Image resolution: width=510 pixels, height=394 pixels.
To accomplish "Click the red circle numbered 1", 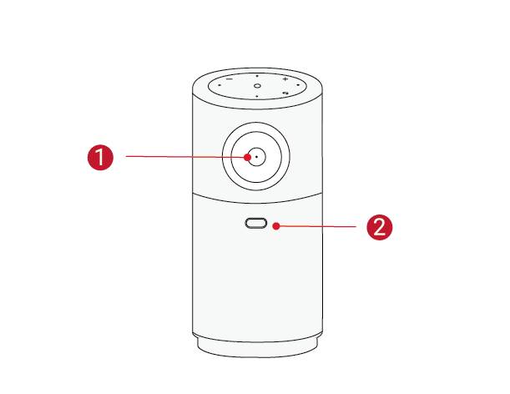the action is (x=100, y=158).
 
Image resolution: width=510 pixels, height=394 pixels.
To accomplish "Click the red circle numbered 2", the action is (x=380, y=227).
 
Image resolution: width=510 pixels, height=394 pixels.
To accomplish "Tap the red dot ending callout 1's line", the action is (x=248, y=158).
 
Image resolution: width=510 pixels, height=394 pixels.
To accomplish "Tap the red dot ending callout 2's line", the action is (x=276, y=225).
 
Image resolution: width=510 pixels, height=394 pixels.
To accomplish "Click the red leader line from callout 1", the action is (x=184, y=157).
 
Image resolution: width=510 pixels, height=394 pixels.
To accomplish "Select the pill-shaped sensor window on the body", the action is (x=256, y=223).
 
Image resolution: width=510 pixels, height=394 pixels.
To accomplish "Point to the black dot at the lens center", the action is (x=256, y=157).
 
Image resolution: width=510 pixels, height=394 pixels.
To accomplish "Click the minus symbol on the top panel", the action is (x=230, y=78).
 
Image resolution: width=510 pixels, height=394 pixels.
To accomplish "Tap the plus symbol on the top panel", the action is (x=285, y=78).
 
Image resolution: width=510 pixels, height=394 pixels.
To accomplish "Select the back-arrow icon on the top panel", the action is (x=285, y=93).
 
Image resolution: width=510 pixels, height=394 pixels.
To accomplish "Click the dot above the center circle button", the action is (x=257, y=76).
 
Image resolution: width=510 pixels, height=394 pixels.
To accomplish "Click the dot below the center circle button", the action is (x=257, y=96).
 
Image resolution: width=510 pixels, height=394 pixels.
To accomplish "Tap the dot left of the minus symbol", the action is (x=220, y=85).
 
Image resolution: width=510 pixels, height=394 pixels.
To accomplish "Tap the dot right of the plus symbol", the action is (x=298, y=85).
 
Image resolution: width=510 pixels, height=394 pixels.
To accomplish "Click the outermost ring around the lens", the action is (x=256, y=123).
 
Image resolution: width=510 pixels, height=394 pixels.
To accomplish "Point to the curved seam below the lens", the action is (x=257, y=202).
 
